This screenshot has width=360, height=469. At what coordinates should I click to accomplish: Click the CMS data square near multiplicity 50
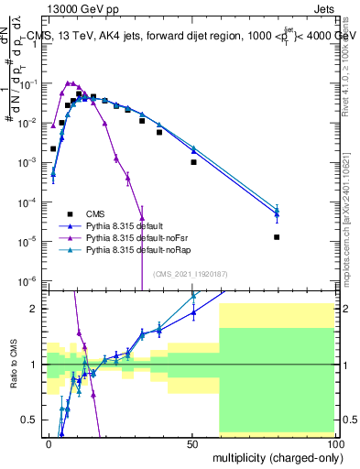(193, 162)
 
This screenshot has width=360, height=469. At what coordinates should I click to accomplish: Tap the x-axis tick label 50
(191, 442)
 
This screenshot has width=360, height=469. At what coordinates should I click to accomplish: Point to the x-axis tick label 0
(49, 442)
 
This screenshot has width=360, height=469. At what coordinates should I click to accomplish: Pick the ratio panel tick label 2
(36, 309)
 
